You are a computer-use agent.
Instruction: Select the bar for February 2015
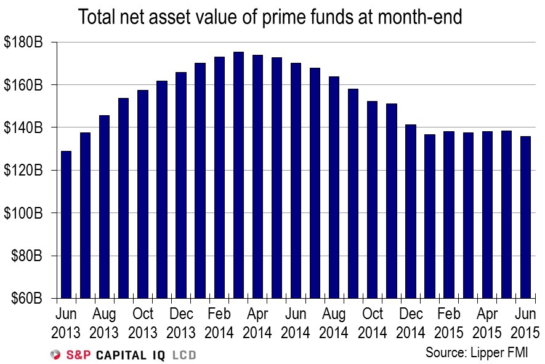click(x=450, y=215)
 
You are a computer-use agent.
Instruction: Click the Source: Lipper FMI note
click(x=477, y=353)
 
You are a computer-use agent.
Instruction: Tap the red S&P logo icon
click(x=55, y=355)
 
